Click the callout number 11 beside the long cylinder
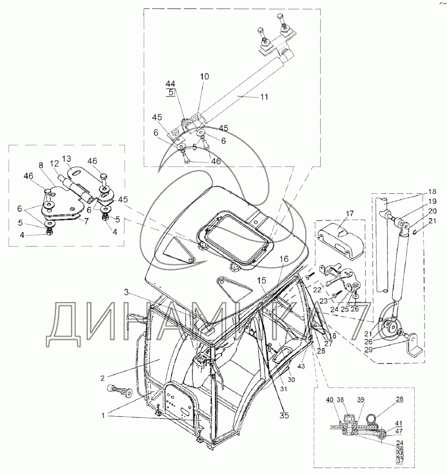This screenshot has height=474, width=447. (264, 97)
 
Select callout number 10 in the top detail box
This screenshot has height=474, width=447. (204, 76)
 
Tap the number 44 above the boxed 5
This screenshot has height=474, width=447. (170, 84)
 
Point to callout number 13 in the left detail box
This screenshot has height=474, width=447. (67, 159)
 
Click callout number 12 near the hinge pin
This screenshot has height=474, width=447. (55, 164)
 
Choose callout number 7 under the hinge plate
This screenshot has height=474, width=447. (86, 221)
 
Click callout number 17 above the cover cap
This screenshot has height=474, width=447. (350, 213)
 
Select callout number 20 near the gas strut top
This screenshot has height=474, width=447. (432, 211)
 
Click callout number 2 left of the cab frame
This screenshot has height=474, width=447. (103, 378)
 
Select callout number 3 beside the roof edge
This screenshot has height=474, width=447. (126, 292)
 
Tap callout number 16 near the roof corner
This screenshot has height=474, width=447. (284, 259)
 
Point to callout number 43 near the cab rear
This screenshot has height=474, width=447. (301, 366)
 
